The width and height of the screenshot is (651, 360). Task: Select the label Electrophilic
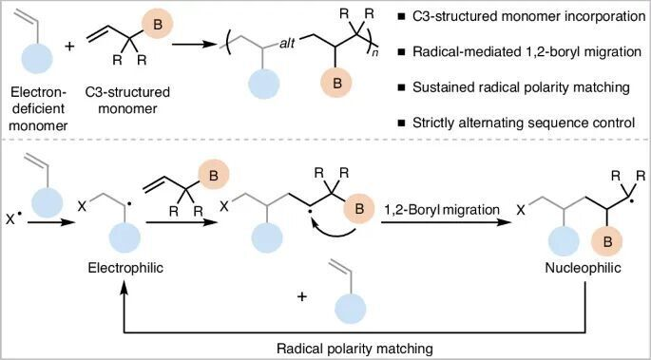point(125,268)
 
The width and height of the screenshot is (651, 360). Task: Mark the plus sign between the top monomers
point(69,46)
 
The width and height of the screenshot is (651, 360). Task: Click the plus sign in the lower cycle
point(302,297)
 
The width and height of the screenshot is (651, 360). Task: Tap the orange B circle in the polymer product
point(335,83)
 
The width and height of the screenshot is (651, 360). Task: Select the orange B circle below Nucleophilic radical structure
point(606,242)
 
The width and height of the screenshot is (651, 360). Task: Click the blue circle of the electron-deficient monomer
point(36,57)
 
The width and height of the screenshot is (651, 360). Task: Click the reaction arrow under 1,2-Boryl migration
point(447,222)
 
